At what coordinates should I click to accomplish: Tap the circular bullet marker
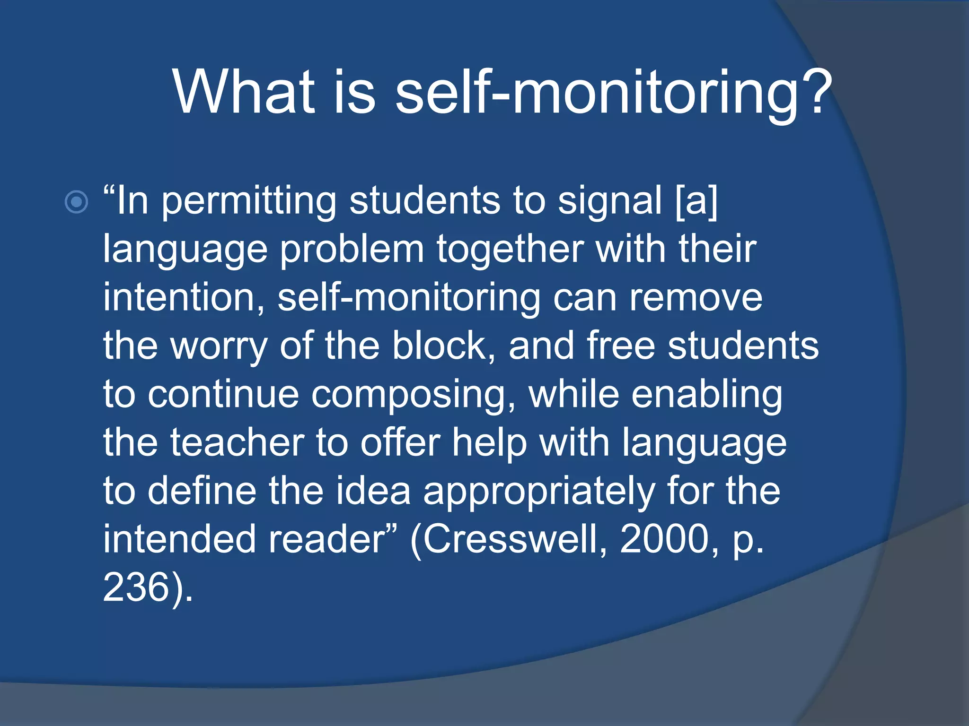tap(76, 202)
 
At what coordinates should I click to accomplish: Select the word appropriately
tap(539, 493)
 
